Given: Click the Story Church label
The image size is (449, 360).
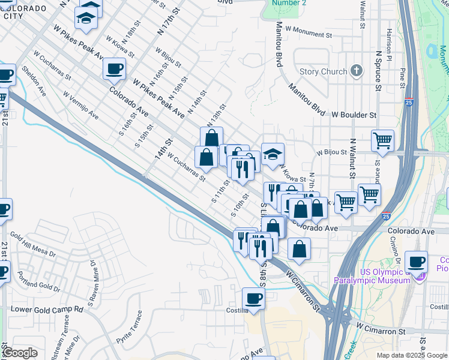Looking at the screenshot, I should pos(323,72).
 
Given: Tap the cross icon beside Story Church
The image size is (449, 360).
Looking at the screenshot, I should pos(357,71).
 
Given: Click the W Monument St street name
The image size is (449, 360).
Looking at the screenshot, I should pos(309,28).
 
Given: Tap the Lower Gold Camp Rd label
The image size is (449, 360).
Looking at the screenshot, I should pos(47,309).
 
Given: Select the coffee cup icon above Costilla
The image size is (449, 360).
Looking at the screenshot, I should pos(254,298).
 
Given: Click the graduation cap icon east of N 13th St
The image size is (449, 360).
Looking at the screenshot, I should pos(272,154).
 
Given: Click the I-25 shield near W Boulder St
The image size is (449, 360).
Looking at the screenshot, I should pos(409,103).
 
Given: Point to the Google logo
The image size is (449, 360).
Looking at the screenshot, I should pos(20,353).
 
